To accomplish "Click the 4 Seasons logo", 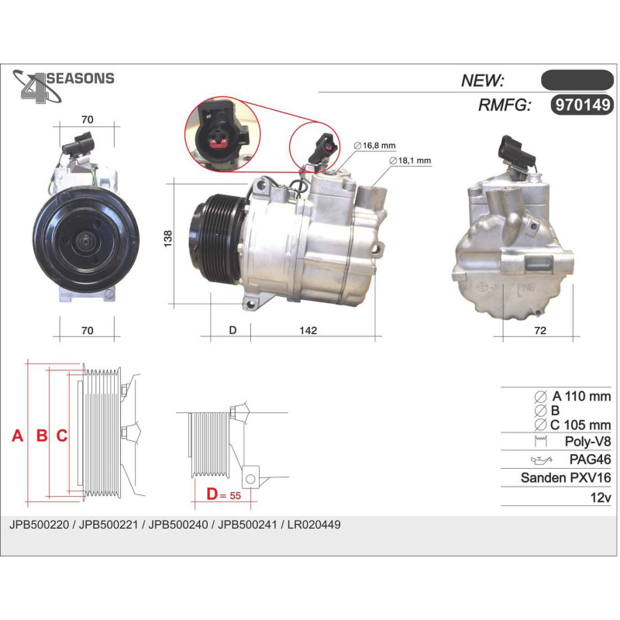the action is (64, 86).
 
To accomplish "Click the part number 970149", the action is (583, 105).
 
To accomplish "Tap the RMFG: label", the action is (505, 105).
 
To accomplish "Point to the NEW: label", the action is (483, 81).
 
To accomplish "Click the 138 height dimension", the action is (168, 239).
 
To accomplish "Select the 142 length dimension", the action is (308, 330).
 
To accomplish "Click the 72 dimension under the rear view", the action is (539, 330).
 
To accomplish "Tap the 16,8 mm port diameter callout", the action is (374, 146).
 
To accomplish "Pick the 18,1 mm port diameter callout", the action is (410, 160).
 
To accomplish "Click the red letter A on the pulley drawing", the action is (17, 436).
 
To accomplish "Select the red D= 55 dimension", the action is (223, 494).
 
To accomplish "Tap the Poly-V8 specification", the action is (587, 441).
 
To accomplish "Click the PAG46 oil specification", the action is (590, 460).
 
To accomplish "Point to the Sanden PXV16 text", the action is (566, 477).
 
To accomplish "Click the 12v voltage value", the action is (601, 498).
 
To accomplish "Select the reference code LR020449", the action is (314, 525).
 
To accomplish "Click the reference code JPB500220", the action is (40, 525).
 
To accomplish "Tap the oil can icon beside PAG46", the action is (541, 460).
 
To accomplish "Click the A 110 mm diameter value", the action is (581, 396).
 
